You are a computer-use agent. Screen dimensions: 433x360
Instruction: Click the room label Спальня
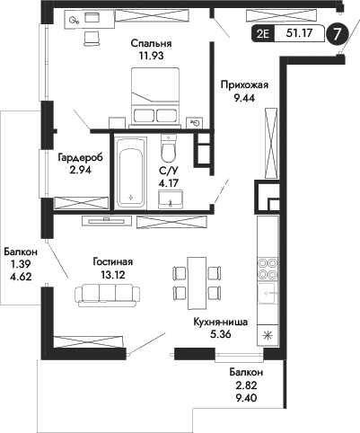[x=150, y=43]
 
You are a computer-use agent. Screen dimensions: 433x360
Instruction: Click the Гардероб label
[x=80, y=157]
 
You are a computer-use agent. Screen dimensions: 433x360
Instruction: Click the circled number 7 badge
[x=337, y=35]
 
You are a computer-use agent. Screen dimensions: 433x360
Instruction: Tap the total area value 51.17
[x=298, y=35]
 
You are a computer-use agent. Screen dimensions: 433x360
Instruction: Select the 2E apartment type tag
[x=263, y=35]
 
